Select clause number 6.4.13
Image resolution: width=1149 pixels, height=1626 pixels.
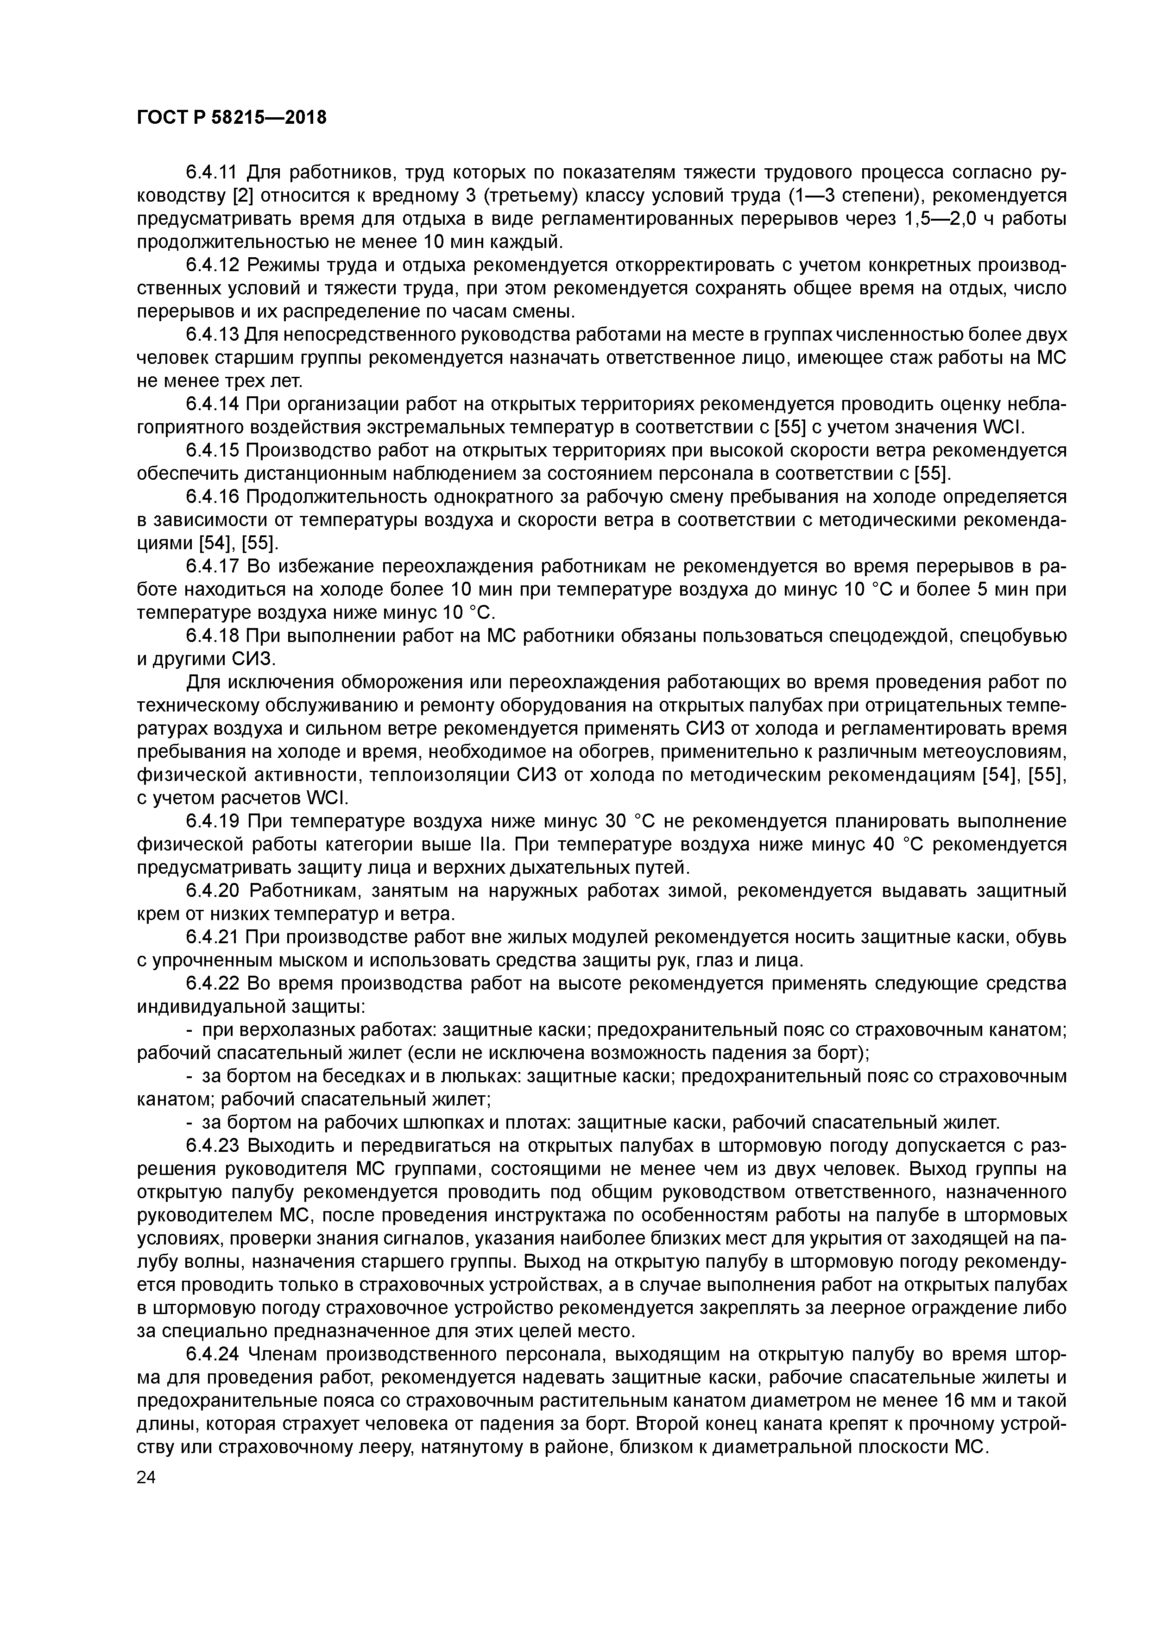tap(211, 335)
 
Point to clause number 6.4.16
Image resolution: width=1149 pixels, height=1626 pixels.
tap(211, 497)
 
